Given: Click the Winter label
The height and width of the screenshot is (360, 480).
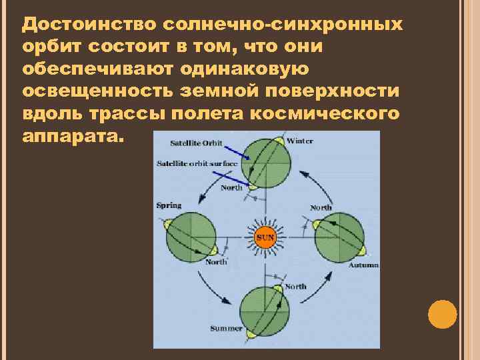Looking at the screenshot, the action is [x=299, y=141].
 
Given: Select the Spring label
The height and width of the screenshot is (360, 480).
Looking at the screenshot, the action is [x=169, y=205].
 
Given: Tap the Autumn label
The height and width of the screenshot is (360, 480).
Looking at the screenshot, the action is [x=363, y=265].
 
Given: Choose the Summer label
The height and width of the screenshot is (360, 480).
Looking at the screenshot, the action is [x=226, y=329].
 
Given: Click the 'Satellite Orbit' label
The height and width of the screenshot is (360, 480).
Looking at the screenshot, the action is [x=196, y=143].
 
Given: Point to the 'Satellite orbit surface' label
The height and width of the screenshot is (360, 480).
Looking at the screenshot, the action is [x=197, y=163].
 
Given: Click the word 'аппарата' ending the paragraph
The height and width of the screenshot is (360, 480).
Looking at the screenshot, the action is [x=71, y=136].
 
